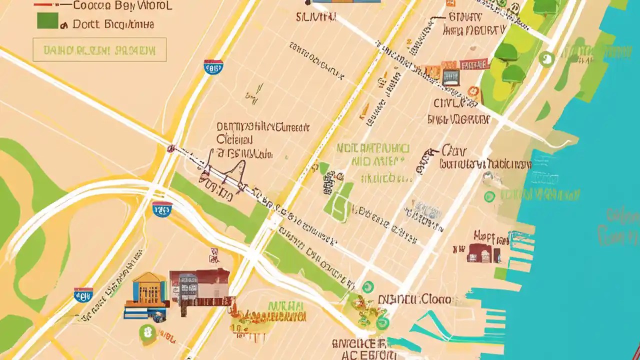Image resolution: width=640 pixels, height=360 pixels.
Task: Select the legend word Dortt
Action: [85, 24]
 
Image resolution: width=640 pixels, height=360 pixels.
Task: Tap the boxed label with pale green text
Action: [99, 50]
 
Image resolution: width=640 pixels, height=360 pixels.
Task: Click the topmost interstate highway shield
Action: [213, 67]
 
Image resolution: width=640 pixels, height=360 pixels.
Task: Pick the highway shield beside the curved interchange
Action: [162, 209]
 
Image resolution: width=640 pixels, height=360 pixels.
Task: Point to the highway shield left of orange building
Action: [83, 295]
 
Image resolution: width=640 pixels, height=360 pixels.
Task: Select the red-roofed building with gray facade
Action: [200, 287]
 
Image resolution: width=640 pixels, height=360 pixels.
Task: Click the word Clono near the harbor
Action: [434, 299]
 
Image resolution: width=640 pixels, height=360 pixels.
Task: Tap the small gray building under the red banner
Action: [450, 77]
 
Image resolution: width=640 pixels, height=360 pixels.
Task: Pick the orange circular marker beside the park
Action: [473, 91]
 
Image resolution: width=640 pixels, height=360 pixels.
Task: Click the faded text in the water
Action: [620, 225]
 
